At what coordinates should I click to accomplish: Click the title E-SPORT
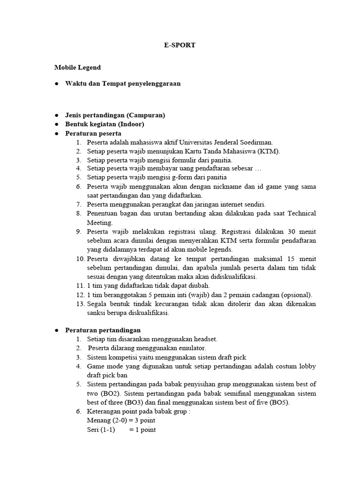[180, 46]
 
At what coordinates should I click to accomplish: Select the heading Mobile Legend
[77, 67]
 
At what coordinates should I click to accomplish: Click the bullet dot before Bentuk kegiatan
[56, 124]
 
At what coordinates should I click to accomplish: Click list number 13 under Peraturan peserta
[79, 304]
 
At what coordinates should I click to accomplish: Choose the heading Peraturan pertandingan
[103, 330]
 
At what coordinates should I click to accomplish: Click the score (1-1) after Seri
[107, 429]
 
